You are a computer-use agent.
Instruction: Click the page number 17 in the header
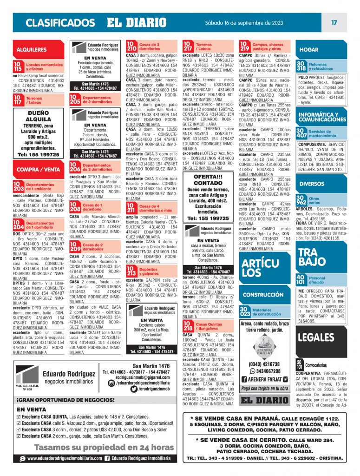334,22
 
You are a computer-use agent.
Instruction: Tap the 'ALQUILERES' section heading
32,49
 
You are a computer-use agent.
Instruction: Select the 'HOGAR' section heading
309,49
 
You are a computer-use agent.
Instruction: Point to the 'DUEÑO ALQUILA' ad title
39,116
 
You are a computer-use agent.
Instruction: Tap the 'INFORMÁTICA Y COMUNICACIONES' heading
319,117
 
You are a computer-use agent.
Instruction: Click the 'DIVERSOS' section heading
312,184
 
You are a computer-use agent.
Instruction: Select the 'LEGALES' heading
316,337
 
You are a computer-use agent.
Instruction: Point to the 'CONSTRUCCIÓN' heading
263,295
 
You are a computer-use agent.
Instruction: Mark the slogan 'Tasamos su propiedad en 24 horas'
97,447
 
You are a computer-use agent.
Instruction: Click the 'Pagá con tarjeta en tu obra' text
265,387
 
